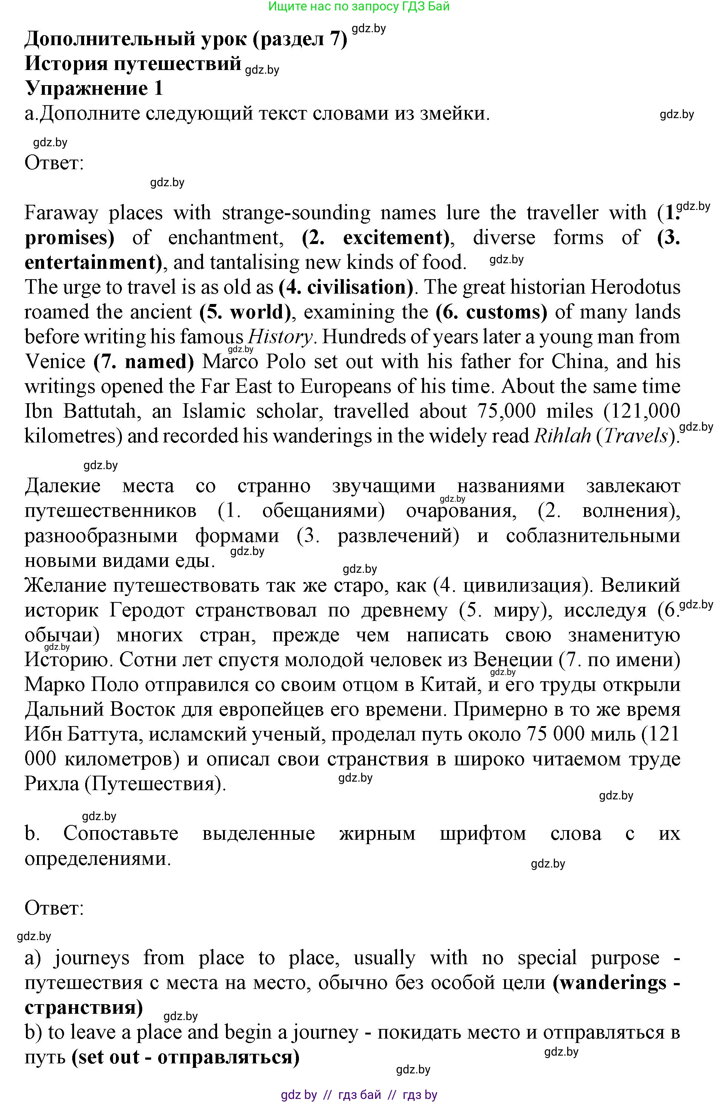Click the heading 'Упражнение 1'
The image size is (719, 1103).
[94, 88]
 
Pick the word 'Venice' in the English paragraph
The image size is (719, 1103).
[55, 361]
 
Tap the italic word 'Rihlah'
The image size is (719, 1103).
[563, 436]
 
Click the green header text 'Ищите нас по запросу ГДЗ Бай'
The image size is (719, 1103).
[359, 7]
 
